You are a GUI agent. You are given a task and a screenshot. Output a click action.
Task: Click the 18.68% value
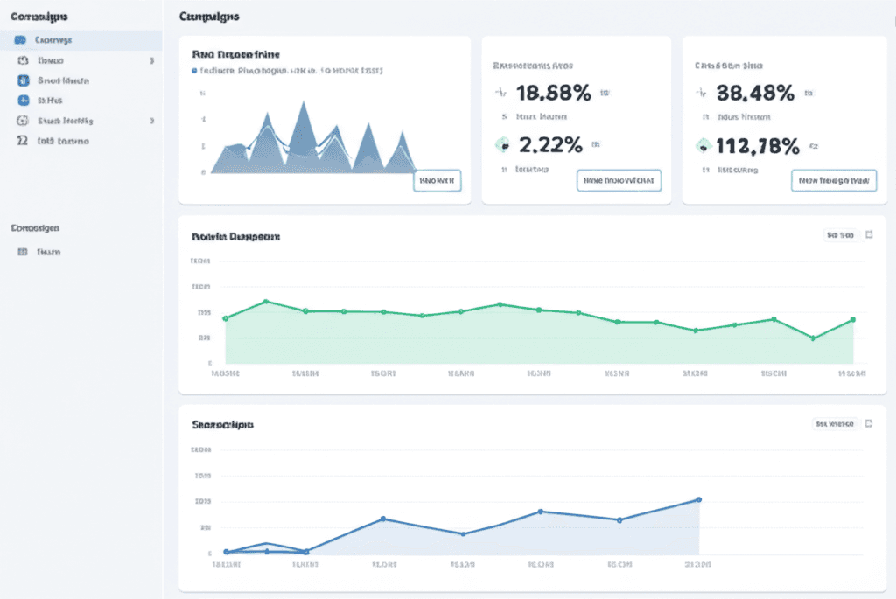coord(553,92)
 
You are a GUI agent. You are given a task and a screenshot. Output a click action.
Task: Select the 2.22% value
coord(550,145)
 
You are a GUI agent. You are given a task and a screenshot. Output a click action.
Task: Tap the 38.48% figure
coord(754,92)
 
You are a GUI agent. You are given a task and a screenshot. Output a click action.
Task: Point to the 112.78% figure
coord(758,146)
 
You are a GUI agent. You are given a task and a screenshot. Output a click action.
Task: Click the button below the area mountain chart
coord(437,181)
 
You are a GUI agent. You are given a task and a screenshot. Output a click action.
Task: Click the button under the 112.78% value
coord(833,180)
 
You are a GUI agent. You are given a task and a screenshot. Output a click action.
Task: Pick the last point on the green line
coord(852,320)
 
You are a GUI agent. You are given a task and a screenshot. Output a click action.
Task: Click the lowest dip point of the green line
coord(814,338)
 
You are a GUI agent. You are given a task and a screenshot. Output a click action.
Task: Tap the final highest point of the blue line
coord(698,499)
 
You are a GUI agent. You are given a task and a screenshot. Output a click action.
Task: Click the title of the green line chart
coord(235,236)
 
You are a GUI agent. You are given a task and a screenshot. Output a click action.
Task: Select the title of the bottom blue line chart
coord(222,425)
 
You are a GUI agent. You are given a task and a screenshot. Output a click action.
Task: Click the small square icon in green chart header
coord(869,234)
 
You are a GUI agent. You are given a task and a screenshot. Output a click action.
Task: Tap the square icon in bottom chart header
coord(869,423)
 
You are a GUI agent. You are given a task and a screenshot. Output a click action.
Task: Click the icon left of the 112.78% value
coord(703,146)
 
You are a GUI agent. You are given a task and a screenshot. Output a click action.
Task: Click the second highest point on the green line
coord(500,304)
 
